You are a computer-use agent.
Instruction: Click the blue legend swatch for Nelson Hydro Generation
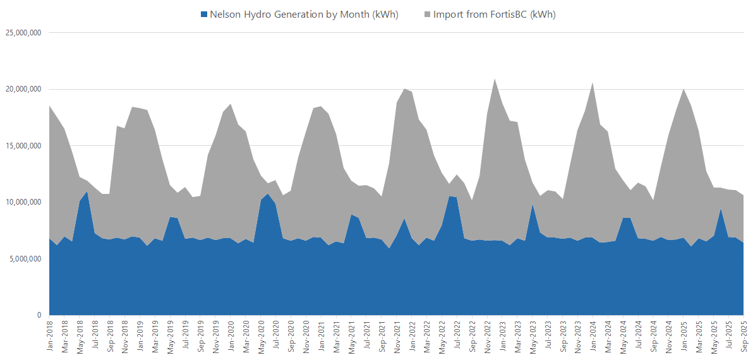(x=203, y=15)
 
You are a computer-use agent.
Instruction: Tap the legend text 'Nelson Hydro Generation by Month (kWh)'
(x=305, y=15)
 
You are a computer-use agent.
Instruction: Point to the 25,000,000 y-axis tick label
(x=22, y=33)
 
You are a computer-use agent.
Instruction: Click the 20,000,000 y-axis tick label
(x=22, y=89)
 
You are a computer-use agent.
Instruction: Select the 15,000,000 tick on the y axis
(x=22, y=146)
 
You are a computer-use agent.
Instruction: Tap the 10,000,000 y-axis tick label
(x=22, y=202)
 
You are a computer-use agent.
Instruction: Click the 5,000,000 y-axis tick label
(x=24, y=258)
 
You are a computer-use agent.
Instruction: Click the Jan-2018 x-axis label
(x=50, y=336)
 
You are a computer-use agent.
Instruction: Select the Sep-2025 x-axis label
(x=744, y=336)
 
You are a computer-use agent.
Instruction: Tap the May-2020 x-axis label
(x=261, y=336)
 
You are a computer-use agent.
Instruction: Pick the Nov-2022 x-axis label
(x=487, y=336)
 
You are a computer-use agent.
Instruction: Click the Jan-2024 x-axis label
(x=593, y=336)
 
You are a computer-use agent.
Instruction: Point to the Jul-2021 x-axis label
(x=366, y=336)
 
